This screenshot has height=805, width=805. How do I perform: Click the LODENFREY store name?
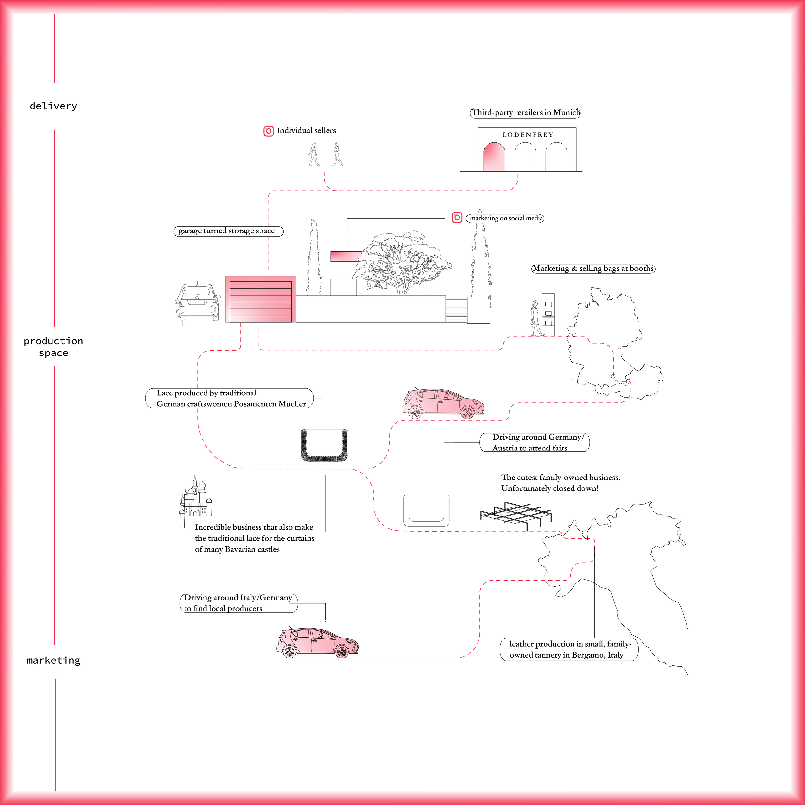pos(527,135)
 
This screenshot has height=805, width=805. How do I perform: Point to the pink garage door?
pos(260,299)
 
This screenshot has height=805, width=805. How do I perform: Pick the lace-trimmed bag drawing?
pos(324,445)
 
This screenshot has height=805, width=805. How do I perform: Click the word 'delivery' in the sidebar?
pos(53,106)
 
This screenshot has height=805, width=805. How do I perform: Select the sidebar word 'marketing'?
pos(53,660)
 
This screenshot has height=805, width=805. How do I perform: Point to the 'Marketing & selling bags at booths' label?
pos(593,268)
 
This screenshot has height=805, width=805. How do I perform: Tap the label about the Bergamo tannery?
pos(568,649)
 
